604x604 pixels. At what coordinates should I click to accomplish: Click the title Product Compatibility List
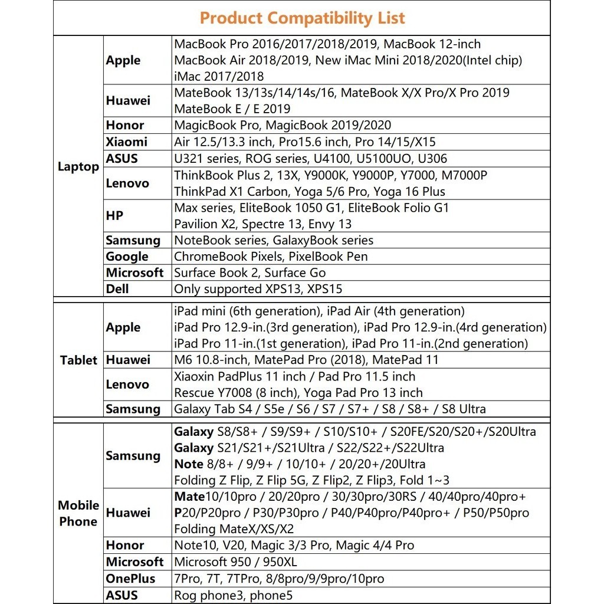[x=302, y=18]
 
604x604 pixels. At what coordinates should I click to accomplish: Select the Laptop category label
[x=78, y=167]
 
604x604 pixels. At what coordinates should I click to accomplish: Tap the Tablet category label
[x=78, y=360]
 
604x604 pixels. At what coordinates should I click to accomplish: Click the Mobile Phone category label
[x=78, y=513]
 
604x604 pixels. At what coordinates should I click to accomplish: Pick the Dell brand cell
[x=117, y=289]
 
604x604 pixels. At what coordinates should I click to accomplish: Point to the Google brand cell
[x=127, y=257]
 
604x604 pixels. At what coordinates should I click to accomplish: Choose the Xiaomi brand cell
[x=126, y=142]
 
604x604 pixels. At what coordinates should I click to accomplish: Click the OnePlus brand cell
[x=130, y=579]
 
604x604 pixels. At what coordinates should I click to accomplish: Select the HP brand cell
[x=114, y=216]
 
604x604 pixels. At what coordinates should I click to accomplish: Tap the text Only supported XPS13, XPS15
[x=258, y=289]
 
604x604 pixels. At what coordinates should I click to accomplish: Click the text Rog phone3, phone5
[x=233, y=595]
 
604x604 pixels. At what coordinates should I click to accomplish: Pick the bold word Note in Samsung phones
[x=189, y=464]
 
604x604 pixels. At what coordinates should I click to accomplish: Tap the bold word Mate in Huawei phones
[x=189, y=497]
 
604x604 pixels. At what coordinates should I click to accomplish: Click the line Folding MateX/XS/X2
[x=234, y=528]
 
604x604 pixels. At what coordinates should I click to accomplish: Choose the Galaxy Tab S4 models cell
[x=330, y=409]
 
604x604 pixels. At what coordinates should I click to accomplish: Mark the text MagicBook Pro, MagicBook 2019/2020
[x=282, y=125]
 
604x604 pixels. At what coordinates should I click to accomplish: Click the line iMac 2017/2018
[x=219, y=76]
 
